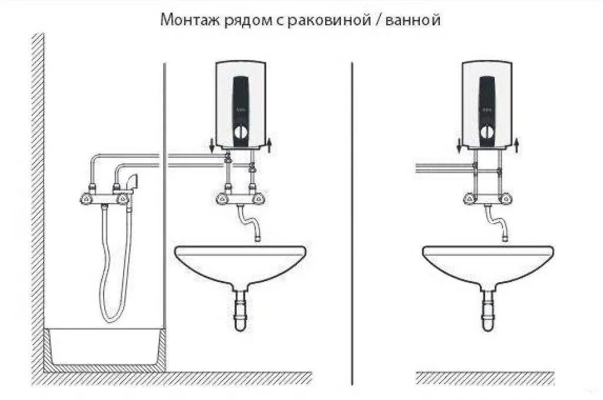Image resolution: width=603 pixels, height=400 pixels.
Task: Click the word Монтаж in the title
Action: tap(182, 21)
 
